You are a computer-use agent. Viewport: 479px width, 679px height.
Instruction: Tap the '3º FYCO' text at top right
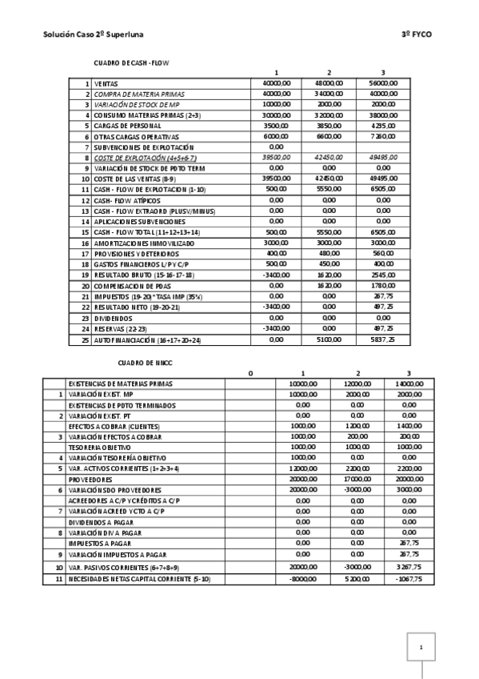tap(416, 36)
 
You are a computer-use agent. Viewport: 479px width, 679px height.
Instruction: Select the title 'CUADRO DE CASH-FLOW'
tap(132, 62)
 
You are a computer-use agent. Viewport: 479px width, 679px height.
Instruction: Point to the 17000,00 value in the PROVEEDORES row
tap(356, 479)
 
